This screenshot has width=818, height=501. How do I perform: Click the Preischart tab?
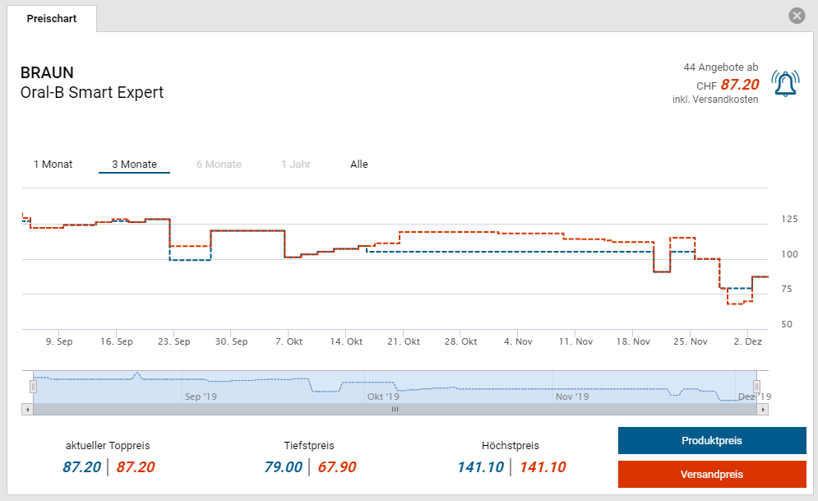coord(52,18)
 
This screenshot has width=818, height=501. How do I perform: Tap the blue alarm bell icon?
coord(785,83)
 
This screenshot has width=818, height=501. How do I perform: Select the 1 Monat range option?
coord(53,165)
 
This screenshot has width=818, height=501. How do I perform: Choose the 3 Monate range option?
coord(134,165)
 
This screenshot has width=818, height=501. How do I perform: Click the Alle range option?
coord(359,165)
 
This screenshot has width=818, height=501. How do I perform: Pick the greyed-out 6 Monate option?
coord(219,165)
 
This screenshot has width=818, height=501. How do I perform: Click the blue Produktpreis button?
coord(712,441)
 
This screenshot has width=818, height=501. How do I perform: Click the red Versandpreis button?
coord(712,475)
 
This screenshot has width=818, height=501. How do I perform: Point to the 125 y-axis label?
coord(789,219)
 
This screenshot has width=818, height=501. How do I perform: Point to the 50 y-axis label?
coord(787,324)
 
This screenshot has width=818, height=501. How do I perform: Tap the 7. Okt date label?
coord(289,341)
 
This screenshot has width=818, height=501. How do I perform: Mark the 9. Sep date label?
coord(59,341)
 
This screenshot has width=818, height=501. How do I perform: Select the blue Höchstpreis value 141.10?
coord(481,467)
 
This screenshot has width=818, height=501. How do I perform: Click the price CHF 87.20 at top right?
coord(739,84)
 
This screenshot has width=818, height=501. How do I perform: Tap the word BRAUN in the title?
coord(47,72)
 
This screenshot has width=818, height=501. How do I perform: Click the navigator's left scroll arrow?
coord(27,409)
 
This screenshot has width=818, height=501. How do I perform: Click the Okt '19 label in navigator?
coord(383,397)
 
